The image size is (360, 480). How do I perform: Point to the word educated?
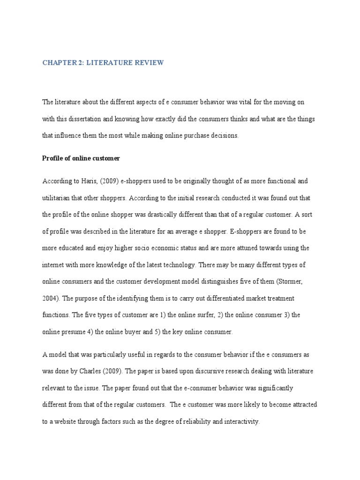72,248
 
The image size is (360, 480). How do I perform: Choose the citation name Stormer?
292,282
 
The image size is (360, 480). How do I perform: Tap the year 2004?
50,299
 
